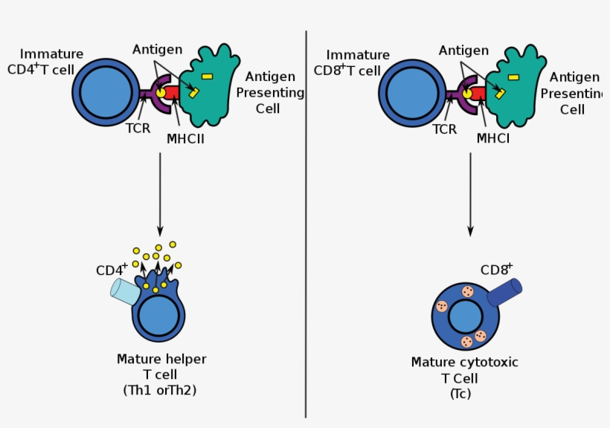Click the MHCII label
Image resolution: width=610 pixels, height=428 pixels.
click(x=185, y=137)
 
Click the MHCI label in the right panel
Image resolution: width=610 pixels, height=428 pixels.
click(x=492, y=138)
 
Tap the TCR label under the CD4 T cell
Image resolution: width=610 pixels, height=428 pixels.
click(x=138, y=128)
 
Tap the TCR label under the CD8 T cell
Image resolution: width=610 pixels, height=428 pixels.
click(x=444, y=129)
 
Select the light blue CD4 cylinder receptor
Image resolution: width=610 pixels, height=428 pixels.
click(x=125, y=291)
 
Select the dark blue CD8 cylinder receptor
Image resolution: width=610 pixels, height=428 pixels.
click(x=505, y=292)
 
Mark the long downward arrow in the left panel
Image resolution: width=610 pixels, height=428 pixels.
click(x=160, y=193)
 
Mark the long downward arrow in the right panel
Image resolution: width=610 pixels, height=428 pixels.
click(x=469, y=193)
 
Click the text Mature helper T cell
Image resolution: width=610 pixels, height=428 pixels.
click(x=161, y=366)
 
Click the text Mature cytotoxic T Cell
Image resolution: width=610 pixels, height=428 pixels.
click(x=464, y=370)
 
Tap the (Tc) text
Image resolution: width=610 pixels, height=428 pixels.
click(x=460, y=394)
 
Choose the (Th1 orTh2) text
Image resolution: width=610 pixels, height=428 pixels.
click(x=161, y=390)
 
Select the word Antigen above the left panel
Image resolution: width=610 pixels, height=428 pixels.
click(x=158, y=50)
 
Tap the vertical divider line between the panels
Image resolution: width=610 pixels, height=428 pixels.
click(x=306, y=223)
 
